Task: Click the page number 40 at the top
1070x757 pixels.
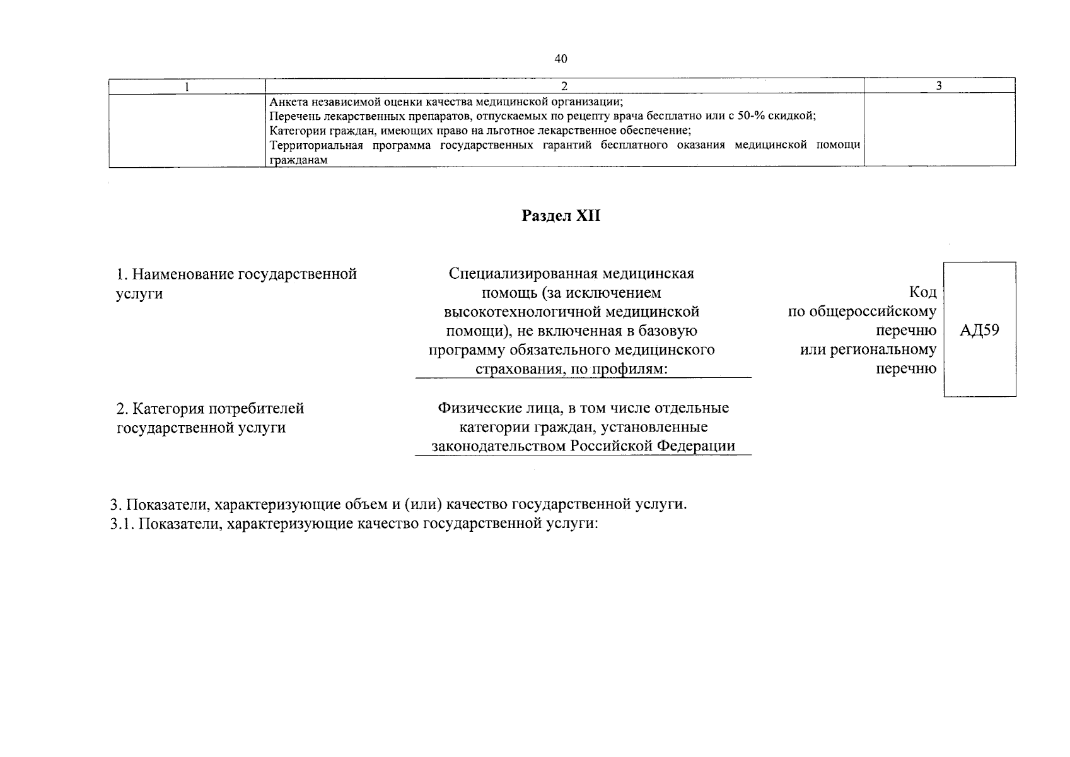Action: tap(561, 59)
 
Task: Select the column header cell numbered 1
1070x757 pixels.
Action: tap(187, 86)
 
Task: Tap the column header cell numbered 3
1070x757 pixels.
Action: tap(939, 86)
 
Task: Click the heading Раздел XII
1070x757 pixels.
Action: tap(561, 216)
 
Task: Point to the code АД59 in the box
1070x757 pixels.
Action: tap(979, 330)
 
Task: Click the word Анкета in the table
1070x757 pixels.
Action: tap(288, 102)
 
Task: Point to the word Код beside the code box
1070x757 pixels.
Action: tap(922, 292)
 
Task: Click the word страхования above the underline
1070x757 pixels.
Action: tap(520, 368)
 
